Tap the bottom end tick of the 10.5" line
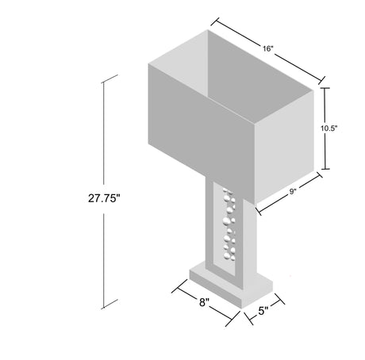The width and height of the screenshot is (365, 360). click(x=325, y=168)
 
